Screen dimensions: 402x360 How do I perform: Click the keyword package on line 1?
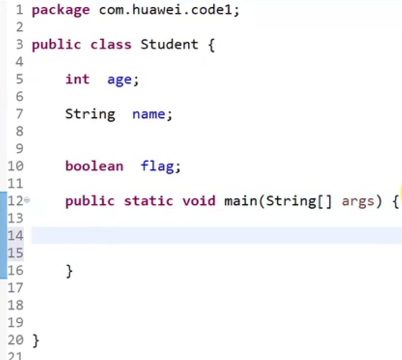pos(61,10)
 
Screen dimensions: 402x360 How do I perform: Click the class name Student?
pos(169,44)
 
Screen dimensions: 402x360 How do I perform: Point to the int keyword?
pos(77,79)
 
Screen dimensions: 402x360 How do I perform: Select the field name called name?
pos(151,114)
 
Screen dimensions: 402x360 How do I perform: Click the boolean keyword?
pos(94,166)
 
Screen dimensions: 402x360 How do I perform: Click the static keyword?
pos(149,201)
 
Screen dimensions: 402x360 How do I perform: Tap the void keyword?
pos(199,201)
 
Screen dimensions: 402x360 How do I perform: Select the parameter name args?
pos(358,201)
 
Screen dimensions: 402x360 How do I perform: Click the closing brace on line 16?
pos(70,270)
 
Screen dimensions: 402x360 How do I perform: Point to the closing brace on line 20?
pos(35,339)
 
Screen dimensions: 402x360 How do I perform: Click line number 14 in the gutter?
pos(15,236)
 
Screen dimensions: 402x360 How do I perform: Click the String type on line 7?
pos(90,114)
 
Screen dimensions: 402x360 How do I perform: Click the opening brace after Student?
pos(211,45)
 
